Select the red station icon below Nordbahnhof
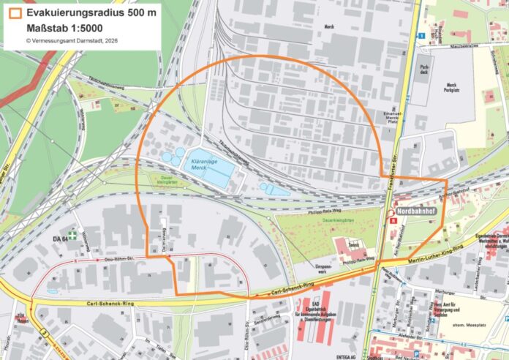click(x=393, y=218)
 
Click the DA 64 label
click(x=60, y=239)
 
